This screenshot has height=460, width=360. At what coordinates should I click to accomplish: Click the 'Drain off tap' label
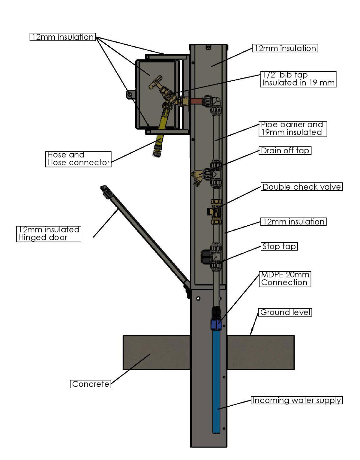(285, 151)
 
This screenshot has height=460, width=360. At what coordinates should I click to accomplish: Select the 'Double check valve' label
(301, 187)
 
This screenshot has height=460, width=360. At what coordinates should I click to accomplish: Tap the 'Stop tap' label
(279, 247)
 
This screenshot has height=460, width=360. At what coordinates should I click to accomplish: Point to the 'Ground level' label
(285, 312)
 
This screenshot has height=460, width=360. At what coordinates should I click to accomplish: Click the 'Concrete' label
(91, 384)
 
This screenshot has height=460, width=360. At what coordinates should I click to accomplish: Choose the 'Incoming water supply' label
(297, 401)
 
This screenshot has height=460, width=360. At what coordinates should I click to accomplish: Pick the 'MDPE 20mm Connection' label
(284, 279)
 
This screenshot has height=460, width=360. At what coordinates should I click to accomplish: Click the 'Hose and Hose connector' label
(78, 159)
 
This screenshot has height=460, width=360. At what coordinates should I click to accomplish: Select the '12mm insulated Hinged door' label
(49, 234)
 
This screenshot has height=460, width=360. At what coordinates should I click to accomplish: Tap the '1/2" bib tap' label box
(298, 79)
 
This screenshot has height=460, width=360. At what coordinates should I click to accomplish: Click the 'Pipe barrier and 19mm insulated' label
(292, 129)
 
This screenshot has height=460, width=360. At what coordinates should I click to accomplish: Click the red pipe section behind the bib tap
(195, 101)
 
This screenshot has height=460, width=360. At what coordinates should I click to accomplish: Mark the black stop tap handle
(206, 257)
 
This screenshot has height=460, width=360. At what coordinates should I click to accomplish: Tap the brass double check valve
(216, 212)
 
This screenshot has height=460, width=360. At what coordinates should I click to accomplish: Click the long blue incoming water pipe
(216, 381)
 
